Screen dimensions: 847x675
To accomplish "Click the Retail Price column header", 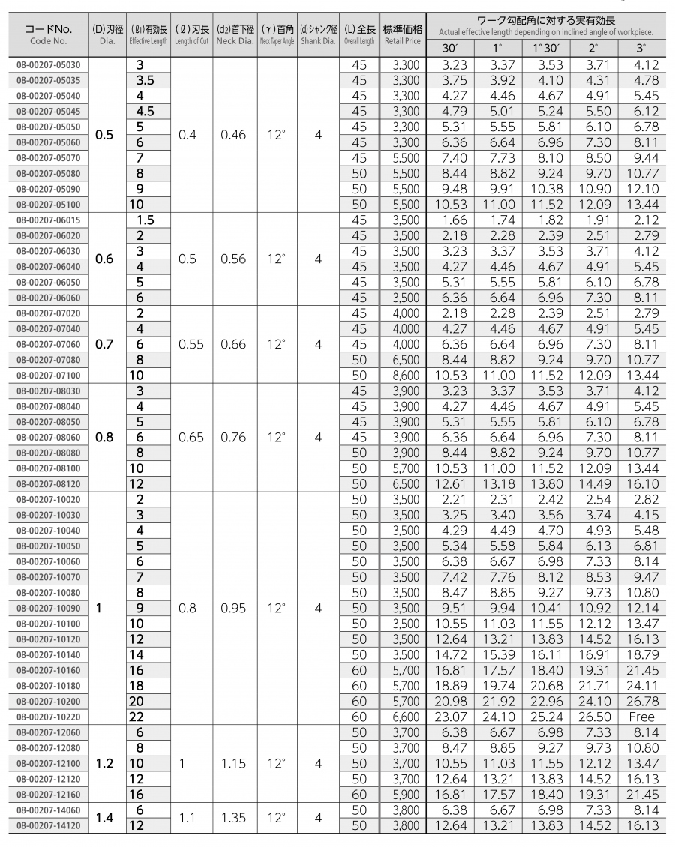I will click(x=403, y=35).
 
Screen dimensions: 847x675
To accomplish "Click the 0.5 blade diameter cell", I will click(x=104, y=135).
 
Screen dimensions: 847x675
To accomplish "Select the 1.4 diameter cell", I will click(x=104, y=818).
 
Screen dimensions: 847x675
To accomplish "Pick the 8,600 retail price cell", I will click(x=403, y=375).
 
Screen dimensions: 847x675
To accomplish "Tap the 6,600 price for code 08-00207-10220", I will click(x=403, y=717).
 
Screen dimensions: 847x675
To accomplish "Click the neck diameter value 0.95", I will click(x=233, y=609).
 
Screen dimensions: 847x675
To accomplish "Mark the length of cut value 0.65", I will click(x=190, y=437).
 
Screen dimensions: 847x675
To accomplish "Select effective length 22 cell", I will click(x=136, y=717).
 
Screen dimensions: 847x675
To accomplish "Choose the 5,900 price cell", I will click(x=403, y=794).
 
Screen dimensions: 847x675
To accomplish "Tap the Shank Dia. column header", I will click(x=318, y=35).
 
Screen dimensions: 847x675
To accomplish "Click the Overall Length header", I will click(x=359, y=35).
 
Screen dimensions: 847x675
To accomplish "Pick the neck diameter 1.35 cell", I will click(x=233, y=818).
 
